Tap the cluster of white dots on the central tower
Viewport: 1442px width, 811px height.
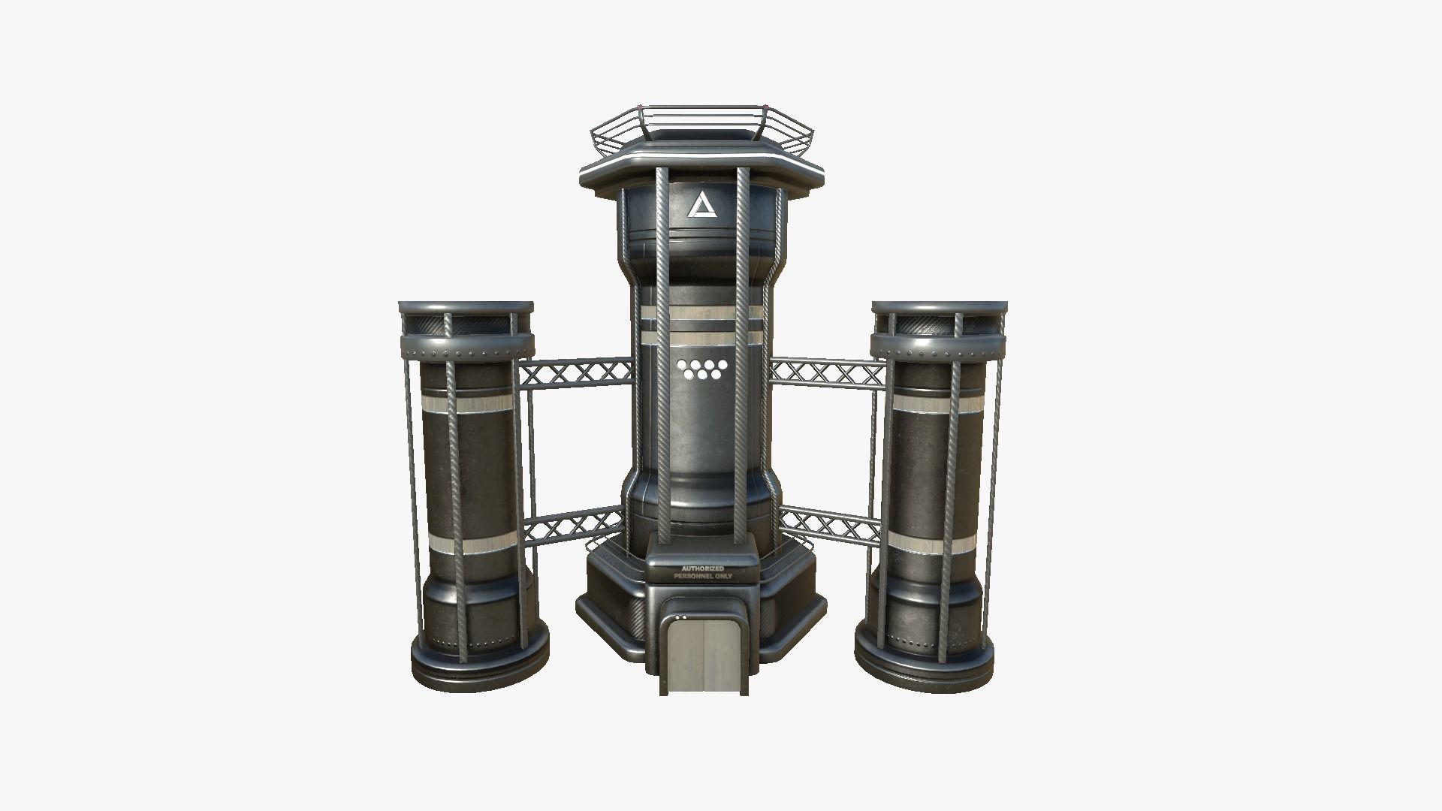coord(698,367)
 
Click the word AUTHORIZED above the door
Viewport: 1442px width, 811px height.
coord(702,568)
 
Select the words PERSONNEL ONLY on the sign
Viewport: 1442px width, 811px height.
coord(702,576)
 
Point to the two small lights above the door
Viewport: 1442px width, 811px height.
coord(681,617)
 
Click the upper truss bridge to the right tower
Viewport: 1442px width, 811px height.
coord(826,372)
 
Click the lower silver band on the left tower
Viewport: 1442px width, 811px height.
coord(470,546)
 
